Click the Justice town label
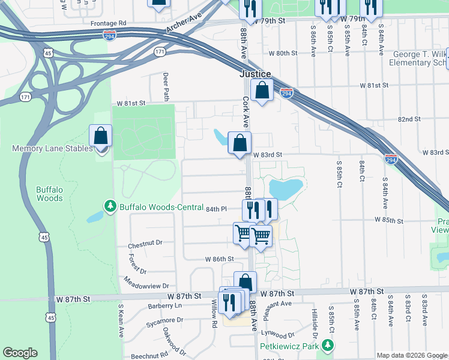pyautogui.click(x=255, y=74)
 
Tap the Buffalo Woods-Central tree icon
pyautogui.click(x=110, y=207)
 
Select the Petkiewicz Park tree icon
pyautogui.click(x=327, y=346)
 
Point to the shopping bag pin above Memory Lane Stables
pyautogui.click(x=100, y=136)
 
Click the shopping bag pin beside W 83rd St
pyautogui.click(x=240, y=143)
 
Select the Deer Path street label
pyautogui.click(x=166, y=87)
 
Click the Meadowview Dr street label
pyautogui.click(x=147, y=283)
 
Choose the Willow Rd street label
pyautogui.click(x=214, y=314)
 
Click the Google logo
pyautogui.click(x=20, y=353)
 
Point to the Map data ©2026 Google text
pyautogui.click(x=412, y=355)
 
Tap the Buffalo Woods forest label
pyautogui.click(x=49, y=193)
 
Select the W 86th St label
pyautogui.click(x=218, y=259)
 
